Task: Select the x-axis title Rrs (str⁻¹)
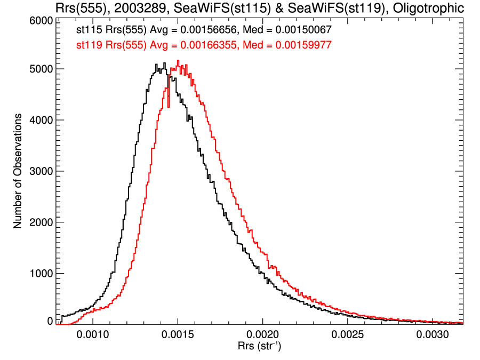coord(260,348)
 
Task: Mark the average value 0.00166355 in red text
coord(201,45)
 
